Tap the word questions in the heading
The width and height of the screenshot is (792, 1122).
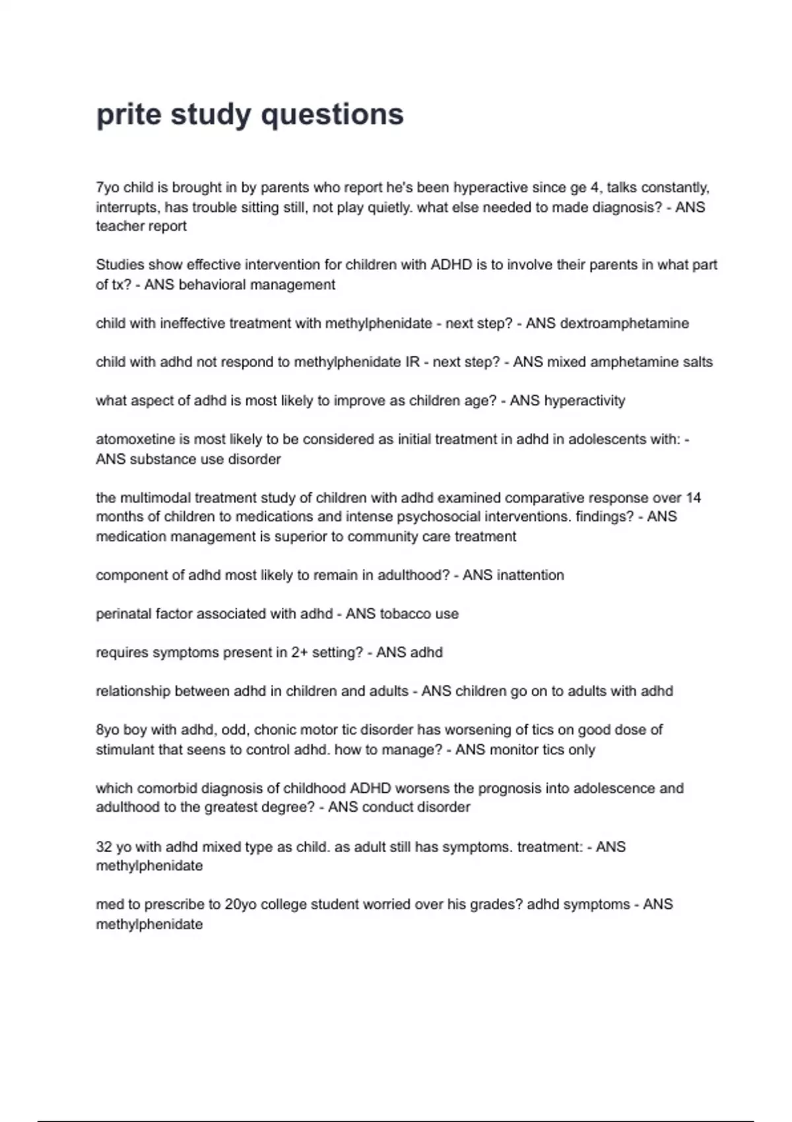click(332, 115)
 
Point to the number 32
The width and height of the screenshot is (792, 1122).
click(104, 847)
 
